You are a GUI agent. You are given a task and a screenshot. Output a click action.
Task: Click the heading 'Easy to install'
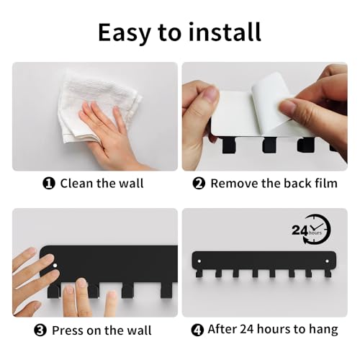tap(179, 32)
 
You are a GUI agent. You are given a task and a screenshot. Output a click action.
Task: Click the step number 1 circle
tap(49, 184)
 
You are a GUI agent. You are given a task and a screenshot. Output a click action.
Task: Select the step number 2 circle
tap(199, 184)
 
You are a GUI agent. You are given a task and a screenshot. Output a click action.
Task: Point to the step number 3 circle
tap(39, 330)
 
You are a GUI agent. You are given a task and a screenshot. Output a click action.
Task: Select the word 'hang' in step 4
tap(323, 330)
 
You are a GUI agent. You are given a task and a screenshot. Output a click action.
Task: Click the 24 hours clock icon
tap(311, 230)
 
